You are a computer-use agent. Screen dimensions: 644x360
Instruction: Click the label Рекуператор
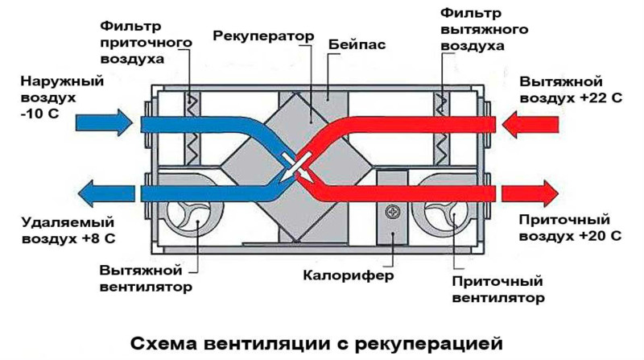263,36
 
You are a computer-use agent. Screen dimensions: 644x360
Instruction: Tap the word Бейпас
357,44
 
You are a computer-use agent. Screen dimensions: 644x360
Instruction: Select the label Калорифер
349,275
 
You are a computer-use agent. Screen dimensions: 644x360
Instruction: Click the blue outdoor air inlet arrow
104,122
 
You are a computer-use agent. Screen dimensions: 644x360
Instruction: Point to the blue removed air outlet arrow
106,193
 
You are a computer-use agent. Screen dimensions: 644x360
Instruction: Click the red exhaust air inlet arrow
530,124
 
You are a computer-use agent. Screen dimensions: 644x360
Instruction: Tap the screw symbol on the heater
393,212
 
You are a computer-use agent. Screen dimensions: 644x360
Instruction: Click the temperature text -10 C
39,114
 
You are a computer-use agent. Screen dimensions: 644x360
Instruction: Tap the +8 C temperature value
97,238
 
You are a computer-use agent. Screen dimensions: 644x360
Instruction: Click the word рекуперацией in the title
429,344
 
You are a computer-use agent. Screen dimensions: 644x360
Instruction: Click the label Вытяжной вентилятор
146,278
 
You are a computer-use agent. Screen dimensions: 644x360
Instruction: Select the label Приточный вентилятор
498,289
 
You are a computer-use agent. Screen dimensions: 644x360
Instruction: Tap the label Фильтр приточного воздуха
146,43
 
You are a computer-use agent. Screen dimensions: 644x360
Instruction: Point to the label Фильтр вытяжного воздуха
485,30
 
